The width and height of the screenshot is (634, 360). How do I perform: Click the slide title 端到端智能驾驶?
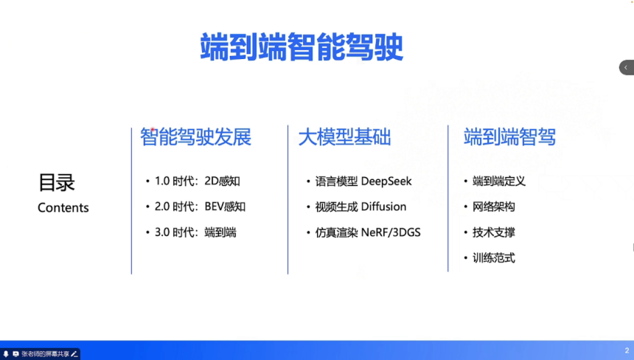(x=302, y=47)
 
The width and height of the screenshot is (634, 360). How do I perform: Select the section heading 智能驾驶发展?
(x=196, y=137)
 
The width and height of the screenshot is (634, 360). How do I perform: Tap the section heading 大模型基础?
(x=344, y=137)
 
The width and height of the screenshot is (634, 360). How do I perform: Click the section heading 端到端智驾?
(x=509, y=137)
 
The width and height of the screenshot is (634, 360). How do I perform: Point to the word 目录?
(x=57, y=182)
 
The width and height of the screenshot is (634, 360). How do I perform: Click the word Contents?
(x=63, y=208)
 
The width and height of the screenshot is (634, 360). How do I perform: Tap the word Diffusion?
(x=383, y=207)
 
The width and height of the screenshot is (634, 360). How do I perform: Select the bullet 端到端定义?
(x=499, y=181)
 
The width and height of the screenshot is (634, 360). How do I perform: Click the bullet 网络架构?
(x=494, y=207)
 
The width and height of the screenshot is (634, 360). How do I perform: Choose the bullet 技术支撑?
(x=494, y=232)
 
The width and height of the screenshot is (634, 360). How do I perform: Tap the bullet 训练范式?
(x=494, y=258)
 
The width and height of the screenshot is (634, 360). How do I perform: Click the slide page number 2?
(x=626, y=350)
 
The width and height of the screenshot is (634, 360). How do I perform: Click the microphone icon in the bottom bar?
(x=6, y=354)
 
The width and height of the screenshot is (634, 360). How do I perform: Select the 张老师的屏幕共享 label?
(x=45, y=354)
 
